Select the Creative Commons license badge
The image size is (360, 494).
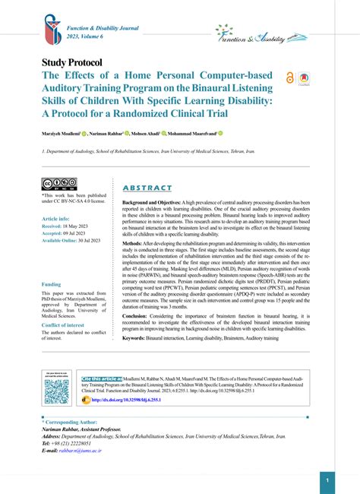59,184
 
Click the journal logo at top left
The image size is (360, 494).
52,29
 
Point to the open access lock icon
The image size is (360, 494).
289,78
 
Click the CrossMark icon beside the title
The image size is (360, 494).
304,78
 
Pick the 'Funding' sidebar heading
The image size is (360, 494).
52,284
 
